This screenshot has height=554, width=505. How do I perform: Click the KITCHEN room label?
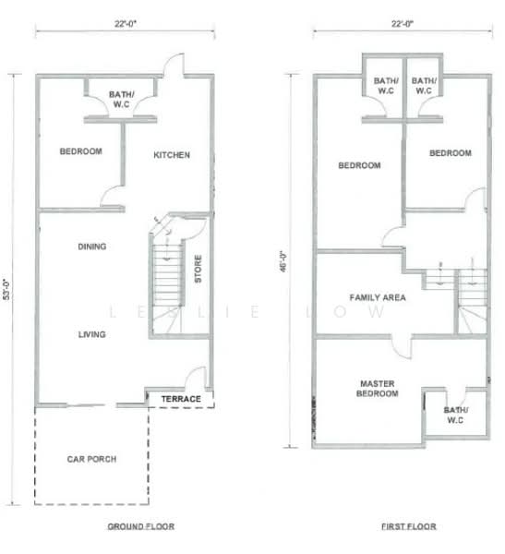click(x=172, y=155)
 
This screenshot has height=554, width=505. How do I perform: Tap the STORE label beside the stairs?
click(x=198, y=269)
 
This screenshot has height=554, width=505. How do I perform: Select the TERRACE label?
click(x=181, y=399)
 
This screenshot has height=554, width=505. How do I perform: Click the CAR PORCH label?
click(x=91, y=459)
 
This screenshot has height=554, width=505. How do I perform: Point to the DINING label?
click(x=92, y=247)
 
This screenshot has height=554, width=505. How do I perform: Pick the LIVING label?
click(x=92, y=334)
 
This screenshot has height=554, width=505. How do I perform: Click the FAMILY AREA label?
click(x=378, y=297)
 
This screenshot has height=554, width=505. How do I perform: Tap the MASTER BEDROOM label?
click(x=377, y=389)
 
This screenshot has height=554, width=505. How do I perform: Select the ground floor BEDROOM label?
click(x=81, y=151)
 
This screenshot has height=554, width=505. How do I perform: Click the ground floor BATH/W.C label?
click(x=121, y=100)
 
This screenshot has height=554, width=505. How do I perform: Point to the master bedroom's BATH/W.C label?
click(x=455, y=415)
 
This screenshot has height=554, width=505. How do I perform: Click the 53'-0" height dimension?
click(x=6, y=290)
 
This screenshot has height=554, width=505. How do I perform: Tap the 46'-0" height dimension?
click(x=283, y=261)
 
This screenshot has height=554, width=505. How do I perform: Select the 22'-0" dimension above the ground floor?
click(x=126, y=24)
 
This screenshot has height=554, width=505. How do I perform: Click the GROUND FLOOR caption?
click(x=140, y=526)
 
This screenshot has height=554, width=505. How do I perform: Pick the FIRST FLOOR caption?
click(x=408, y=526)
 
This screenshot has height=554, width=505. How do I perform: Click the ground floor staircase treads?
click(x=167, y=275)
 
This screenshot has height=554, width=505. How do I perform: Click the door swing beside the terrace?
click(x=196, y=378)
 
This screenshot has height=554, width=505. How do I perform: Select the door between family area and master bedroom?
click(x=402, y=348)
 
